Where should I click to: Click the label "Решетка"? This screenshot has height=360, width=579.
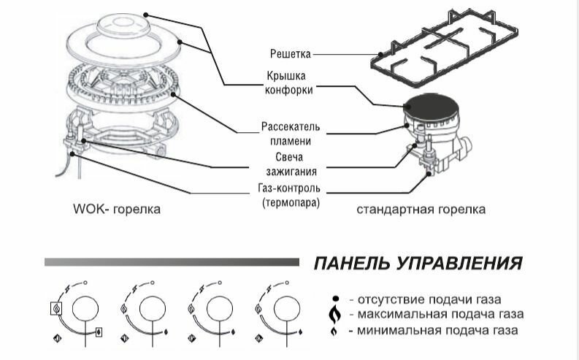coord(291,53)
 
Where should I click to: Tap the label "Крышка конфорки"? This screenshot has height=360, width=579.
coord(290,83)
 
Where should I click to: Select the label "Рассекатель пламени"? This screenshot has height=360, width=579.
coord(290,134)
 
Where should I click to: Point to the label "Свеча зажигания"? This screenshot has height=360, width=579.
coord(290,164)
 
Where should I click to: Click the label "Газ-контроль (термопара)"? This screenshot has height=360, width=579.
coord(290,194)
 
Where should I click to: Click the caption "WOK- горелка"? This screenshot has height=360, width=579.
coord(117,210)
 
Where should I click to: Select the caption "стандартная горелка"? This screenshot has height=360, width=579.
coord(421,210)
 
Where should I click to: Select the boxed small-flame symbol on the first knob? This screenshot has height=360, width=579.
coord(99,333)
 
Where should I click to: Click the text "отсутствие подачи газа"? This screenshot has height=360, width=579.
coord(426,299)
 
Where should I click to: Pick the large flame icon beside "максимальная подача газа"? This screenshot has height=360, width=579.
coord(335,314)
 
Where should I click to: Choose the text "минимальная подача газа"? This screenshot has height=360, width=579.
coord(434,331)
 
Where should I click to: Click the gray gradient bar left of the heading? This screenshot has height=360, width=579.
coord(172,261)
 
